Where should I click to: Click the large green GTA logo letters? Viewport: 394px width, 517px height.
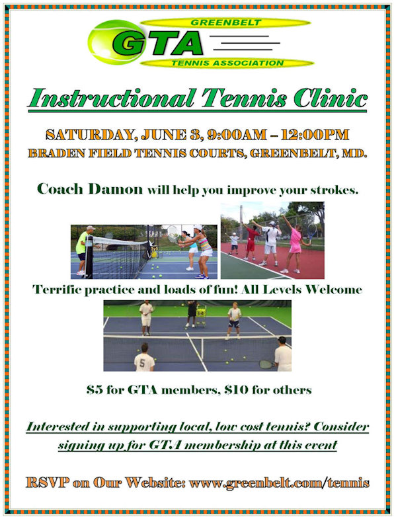tap(157, 43)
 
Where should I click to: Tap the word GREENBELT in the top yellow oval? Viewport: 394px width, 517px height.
tap(226, 22)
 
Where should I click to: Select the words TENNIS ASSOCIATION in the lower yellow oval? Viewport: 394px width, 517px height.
tap(227, 63)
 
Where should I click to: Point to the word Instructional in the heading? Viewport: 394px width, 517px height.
tap(111, 99)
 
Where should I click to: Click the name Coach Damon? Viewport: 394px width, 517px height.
tap(90, 189)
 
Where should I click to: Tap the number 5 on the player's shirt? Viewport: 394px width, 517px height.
tap(142, 364)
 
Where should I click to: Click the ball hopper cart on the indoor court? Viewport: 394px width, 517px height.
tap(201, 315)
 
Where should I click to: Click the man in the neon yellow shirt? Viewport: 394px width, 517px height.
tap(83, 250)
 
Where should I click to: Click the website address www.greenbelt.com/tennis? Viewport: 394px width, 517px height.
tap(279, 483)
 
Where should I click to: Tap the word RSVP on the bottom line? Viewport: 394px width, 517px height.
tap(48, 483)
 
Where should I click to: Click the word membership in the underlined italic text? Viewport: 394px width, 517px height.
tap(226, 445)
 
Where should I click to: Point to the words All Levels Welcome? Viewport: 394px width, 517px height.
tap(301, 290)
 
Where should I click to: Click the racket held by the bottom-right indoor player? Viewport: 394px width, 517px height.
tap(268, 364)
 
